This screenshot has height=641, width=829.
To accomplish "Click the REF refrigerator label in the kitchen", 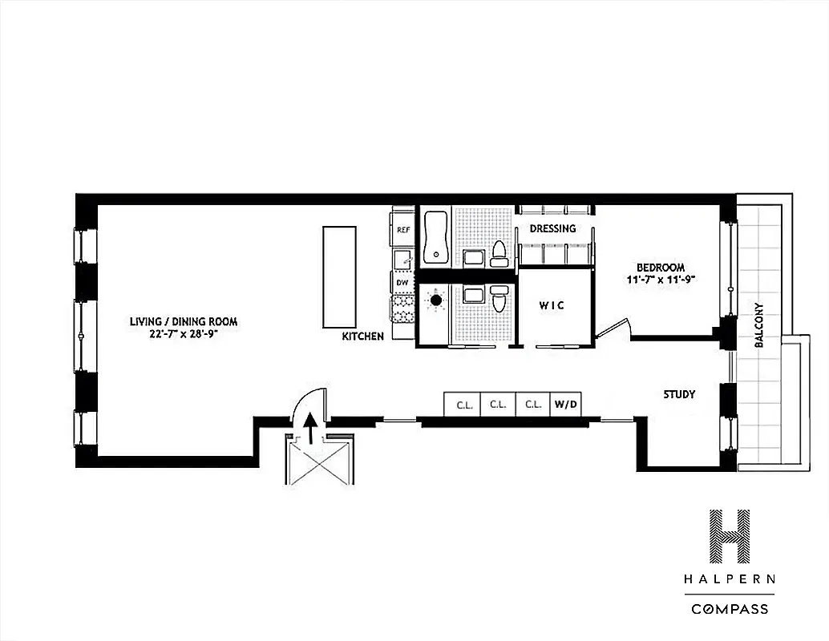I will tap(403, 230).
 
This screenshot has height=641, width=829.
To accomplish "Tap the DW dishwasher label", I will tap(402, 283).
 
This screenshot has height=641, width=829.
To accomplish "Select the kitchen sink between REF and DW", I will tap(403, 257).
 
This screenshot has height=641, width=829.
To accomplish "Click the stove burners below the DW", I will tap(402, 308).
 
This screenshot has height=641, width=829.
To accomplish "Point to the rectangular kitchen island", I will tap(338, 276).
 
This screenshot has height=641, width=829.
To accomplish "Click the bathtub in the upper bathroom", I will tap(436, 237).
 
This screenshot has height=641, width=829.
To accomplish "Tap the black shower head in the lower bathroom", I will tap(436, 301).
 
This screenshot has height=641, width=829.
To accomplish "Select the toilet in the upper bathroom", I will tap(499, 253).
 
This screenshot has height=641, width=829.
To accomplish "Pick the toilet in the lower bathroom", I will tap(499, 299).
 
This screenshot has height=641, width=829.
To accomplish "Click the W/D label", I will tap(565, 405).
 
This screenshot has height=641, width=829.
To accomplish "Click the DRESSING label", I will tap(553, 228).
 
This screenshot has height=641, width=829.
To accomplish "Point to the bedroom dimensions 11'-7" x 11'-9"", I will tap(661, 280).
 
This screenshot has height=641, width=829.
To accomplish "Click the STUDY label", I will tap(678, 394).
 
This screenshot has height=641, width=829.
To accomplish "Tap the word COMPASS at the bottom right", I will tap(730, 609).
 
